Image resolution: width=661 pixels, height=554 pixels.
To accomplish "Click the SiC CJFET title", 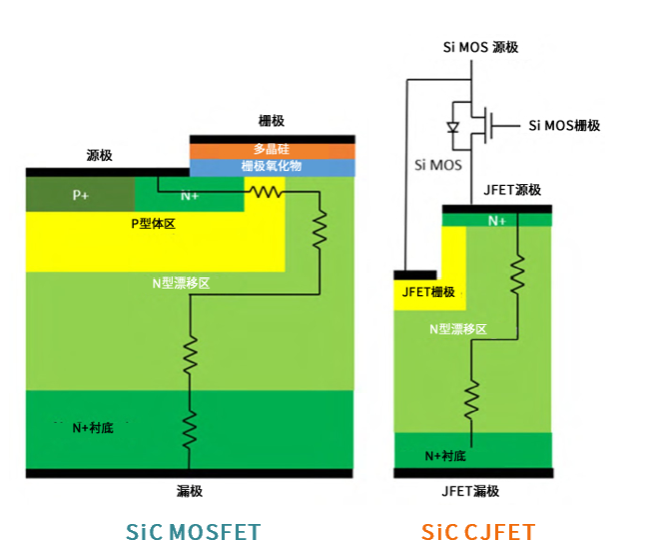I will [x=477, y=531].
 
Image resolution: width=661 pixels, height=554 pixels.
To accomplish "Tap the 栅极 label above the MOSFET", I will [x=271, y=121].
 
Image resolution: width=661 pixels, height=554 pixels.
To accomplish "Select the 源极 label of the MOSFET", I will [x=99, y=156].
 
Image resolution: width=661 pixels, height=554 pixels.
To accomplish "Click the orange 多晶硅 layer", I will [x=271, y=150].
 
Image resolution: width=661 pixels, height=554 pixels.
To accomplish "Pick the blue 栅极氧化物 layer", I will [x=271, y=167].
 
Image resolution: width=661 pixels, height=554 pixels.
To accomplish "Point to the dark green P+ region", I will [x=81, y=196].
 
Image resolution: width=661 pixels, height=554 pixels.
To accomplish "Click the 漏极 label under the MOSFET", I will [x=190, y=490].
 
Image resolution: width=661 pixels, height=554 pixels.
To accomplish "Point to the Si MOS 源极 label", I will [x=480, y=46].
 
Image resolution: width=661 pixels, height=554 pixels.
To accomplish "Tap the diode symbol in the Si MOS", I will [x=451, y=126].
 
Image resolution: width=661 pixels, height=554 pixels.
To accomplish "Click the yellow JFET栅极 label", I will [x=427, y=292].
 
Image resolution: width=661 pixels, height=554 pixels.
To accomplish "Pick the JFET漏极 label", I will [x=469, y=491].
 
